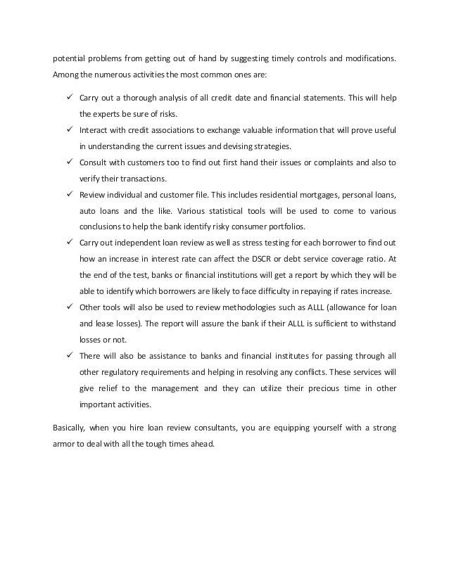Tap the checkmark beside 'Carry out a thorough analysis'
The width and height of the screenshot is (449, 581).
[x=71, y=96]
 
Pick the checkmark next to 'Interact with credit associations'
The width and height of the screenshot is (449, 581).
[x=71, y=130]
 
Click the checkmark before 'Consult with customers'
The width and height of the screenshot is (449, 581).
[x=71, y=163]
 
